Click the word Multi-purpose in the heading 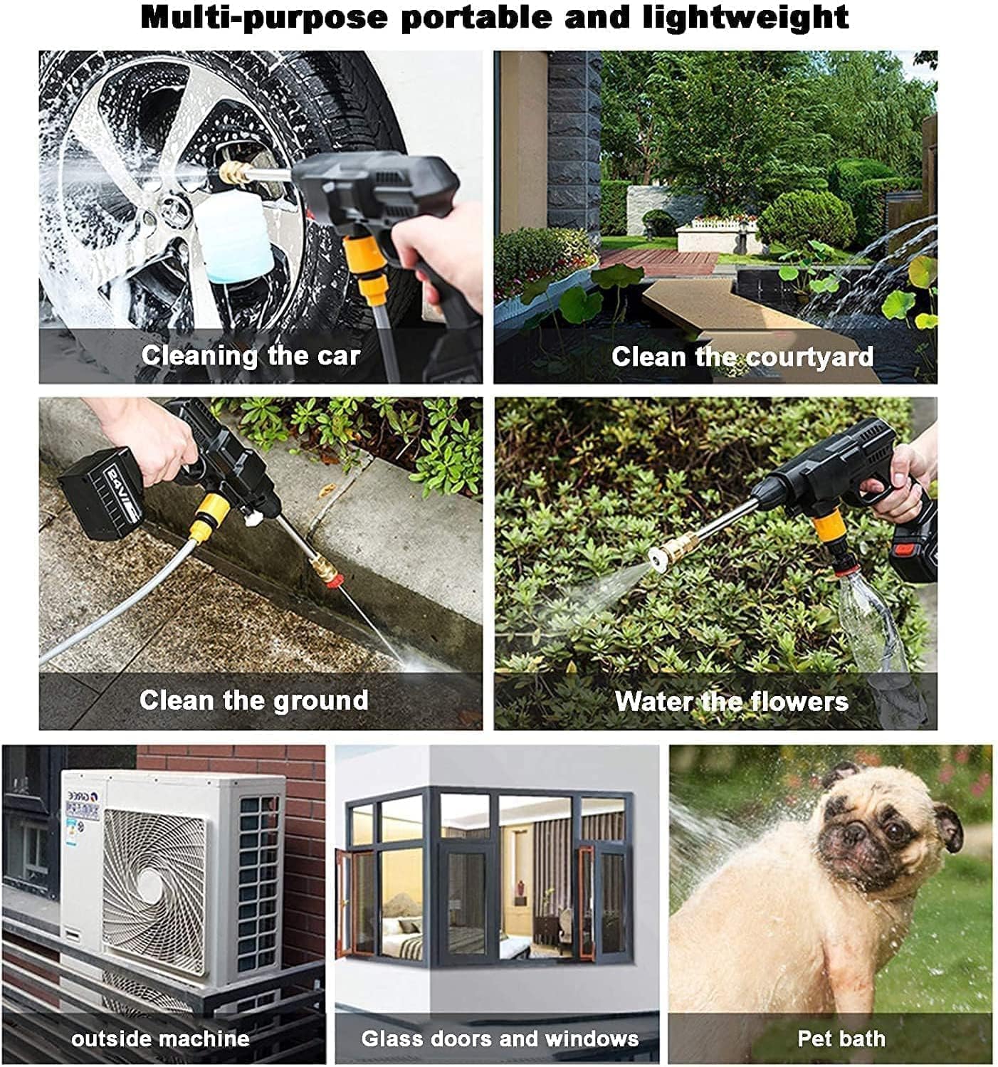point(264,19)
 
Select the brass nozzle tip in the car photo point(234,172)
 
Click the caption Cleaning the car point(251,356)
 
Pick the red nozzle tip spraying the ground point(335,580)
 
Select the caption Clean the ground point(253,700)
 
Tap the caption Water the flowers point(732,701)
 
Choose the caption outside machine point(160,1039)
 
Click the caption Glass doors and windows point(500,1039)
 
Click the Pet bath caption point(841,1039)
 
